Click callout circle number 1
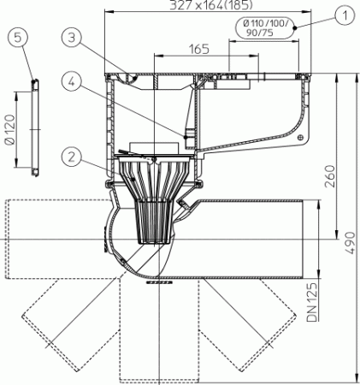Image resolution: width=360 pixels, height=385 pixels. [x=342, y=14]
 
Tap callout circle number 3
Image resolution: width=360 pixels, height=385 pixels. [x=74, y=36]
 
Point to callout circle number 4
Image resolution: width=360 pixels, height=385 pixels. [x=74, y=81]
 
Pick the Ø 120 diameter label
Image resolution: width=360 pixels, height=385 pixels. [x=10, y=130]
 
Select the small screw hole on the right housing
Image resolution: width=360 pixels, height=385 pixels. [x=298, y=135]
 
